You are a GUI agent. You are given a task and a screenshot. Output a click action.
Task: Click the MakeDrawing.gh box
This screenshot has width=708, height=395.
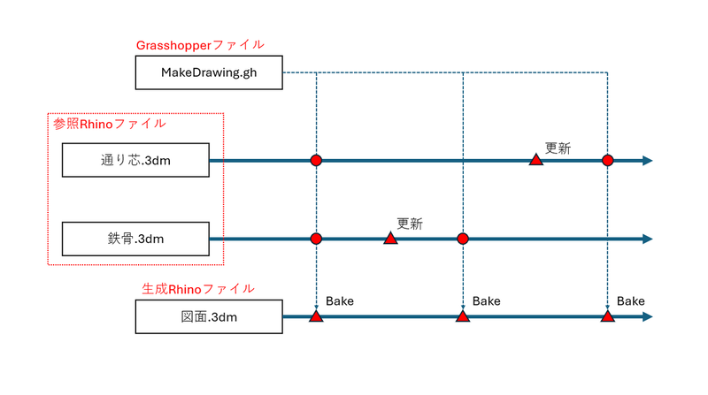coord(209,72)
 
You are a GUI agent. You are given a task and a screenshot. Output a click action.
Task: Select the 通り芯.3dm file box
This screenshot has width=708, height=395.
coord(136,161)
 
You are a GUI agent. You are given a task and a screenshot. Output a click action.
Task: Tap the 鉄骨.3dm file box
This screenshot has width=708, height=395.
coord(136,239)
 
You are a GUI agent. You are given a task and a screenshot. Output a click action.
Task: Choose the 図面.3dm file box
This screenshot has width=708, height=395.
coord(209,315)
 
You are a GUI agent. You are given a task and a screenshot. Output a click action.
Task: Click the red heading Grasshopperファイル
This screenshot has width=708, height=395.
coord(199,44)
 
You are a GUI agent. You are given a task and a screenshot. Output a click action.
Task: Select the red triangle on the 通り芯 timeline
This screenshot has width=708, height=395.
coord(535,160)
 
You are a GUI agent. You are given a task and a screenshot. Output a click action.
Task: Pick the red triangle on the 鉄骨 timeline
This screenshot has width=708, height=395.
coord(390,238)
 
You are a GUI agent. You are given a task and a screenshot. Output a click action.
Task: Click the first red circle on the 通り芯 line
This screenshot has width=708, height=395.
coord(316,161)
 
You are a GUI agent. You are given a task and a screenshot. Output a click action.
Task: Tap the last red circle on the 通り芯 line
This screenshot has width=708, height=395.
coord(607,161)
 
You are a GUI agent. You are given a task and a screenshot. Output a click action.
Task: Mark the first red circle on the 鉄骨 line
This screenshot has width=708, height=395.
coord(316,239)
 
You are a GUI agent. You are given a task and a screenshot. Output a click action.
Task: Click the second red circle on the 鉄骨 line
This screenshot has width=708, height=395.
coord(462,239)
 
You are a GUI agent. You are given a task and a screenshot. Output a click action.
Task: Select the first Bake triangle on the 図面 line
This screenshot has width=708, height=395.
coord(316,315)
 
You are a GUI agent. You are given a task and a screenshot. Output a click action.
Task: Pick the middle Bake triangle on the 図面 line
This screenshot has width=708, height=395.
coord(462,315)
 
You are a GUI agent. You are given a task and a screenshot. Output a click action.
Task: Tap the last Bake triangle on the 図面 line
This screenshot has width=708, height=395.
coord(607,315)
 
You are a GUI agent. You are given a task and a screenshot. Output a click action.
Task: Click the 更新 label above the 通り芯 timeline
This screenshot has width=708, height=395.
coord(558,148)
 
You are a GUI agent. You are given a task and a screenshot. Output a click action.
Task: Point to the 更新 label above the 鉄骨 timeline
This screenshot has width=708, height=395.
coord(410,224)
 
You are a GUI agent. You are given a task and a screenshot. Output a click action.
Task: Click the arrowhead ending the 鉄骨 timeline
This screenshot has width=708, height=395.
coord(648,239)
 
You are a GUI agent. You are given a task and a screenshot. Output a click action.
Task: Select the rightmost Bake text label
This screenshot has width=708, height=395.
coord(631,301)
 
